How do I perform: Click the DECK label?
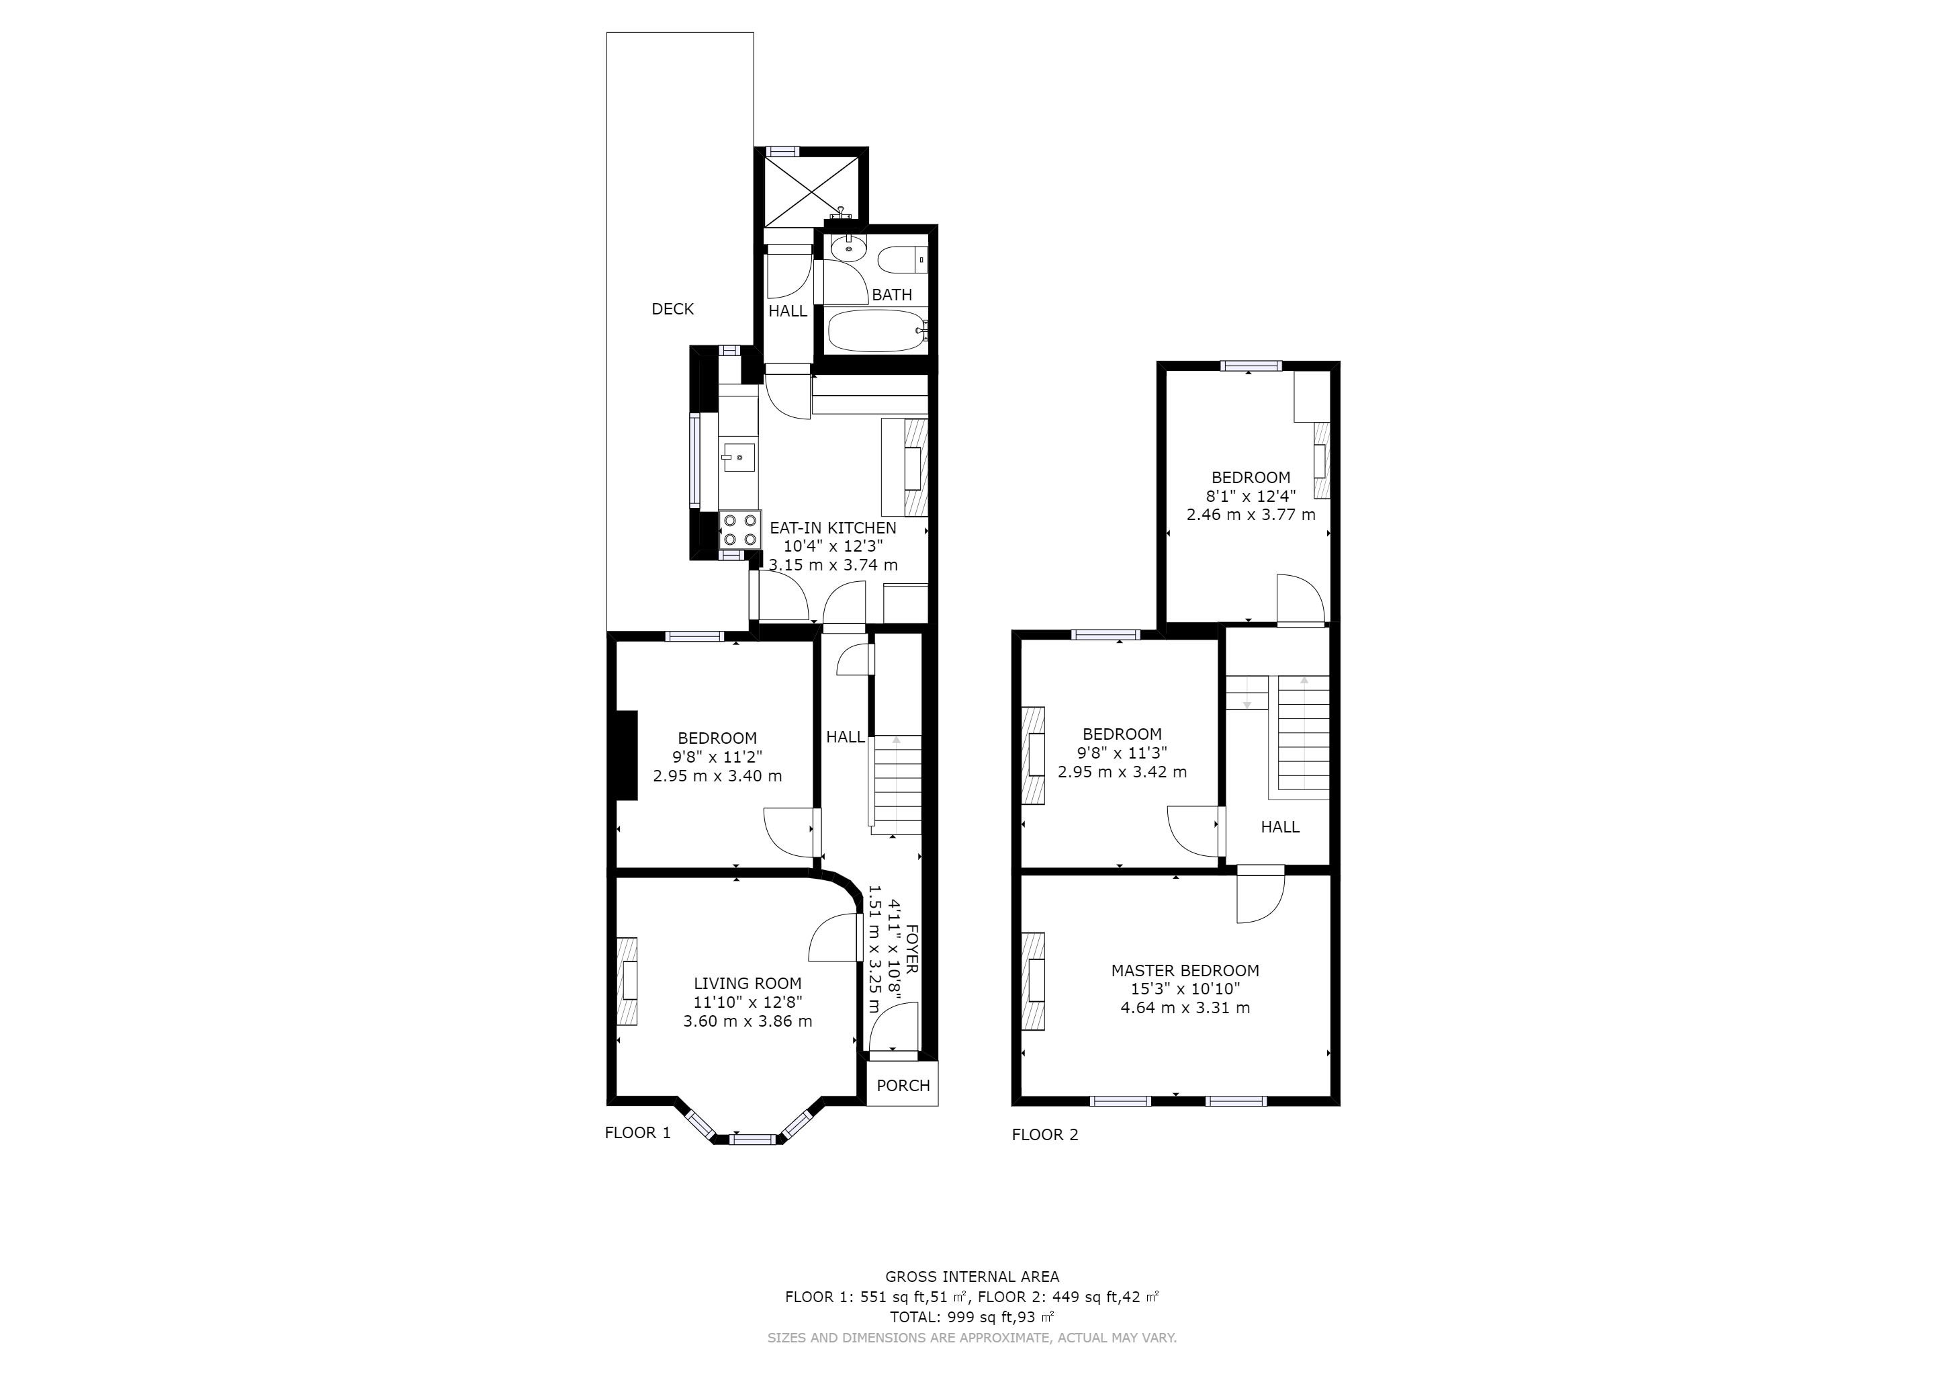(x=672, y=309)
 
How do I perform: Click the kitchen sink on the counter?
(x=146, y=458)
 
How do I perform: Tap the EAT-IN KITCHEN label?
(x=833, y=528)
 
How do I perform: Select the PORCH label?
(x=903, y=1085)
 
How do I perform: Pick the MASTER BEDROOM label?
(x=1185, y=970)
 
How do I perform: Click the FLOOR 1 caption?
(x=637, y=1133)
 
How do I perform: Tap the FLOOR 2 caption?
(x=1044, y=1135)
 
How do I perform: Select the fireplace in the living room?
(x=626, y=981)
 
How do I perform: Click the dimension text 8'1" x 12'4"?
(x=1251, y=496)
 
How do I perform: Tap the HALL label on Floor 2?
(x=1280, y=827)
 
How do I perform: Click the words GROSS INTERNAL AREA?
(x=972, y=1276)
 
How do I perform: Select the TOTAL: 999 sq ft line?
(x=972, y=1317)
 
